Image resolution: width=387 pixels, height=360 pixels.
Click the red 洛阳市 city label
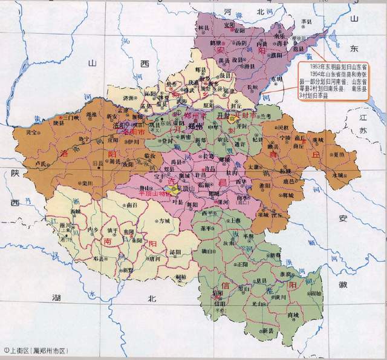coord(134,130)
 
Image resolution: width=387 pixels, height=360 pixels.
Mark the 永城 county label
coord(333,175)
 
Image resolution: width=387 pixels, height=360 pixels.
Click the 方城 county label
coord(165,221)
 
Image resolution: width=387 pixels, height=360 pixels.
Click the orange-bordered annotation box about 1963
coord(340,77)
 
